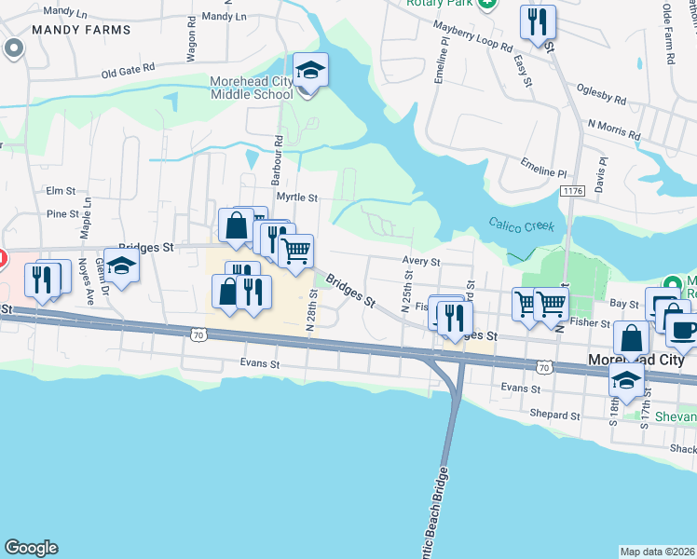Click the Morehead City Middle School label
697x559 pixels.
(252, 88)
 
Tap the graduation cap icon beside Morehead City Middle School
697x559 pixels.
(310, 69)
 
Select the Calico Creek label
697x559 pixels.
(522, 225)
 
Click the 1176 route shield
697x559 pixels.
(572, 190)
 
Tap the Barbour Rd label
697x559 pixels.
(278, 150)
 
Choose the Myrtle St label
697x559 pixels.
(300, 198)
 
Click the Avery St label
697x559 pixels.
(420, 262)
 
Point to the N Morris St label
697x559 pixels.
(613, 130)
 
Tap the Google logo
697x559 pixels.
(31, 548)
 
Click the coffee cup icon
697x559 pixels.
(683, 330)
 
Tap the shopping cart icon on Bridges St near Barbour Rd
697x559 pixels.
(295, 250)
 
